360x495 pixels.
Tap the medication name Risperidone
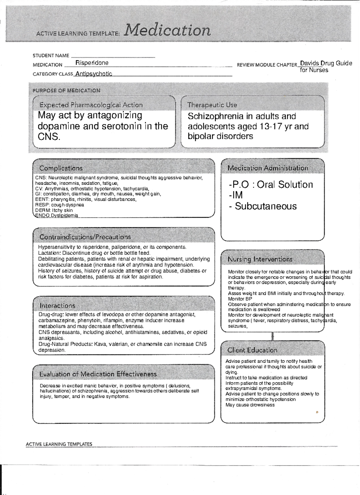[92, 63]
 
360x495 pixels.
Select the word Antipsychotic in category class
[94, 74]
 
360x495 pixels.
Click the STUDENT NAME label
[51, 55]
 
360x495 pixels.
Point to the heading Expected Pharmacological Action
[91, 105]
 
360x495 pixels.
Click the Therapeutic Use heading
[212, 105]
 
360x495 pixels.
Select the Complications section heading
[61, 168]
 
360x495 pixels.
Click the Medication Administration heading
[268, 168]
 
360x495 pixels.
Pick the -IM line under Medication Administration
[235, 195]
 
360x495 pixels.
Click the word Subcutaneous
[265, 206]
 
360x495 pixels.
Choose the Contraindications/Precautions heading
[85, 237]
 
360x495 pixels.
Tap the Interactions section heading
[57, 306]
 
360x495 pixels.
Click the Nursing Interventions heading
[260, 259]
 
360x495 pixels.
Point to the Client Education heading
[252, 350]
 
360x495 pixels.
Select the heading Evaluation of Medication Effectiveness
[98, 374]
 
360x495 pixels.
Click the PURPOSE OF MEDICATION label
[66, 91]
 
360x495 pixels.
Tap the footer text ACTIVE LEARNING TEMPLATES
[59, 444]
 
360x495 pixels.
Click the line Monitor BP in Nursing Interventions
[240, 299]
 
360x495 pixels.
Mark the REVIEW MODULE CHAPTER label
[267, 65]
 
